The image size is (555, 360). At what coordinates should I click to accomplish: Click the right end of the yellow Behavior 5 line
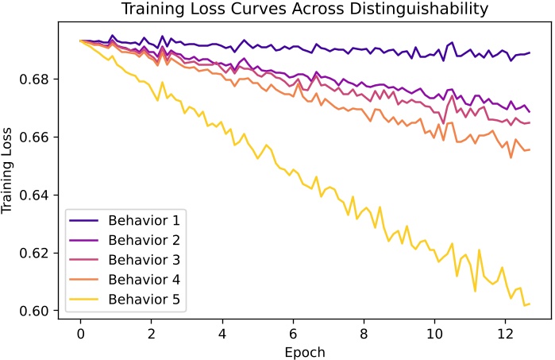[530, 304]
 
